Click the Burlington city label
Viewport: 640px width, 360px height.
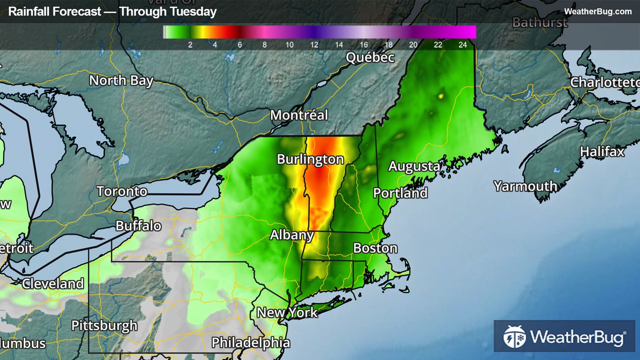coord(310,160)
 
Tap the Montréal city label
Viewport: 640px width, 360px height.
coord(299,115)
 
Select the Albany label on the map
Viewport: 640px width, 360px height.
coord(292,235)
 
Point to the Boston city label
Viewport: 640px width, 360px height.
coord(375,248)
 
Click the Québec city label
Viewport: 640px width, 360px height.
coord(370,58)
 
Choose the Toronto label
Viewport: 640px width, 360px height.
coord(122,192)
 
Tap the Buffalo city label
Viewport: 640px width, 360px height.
coord(138,226)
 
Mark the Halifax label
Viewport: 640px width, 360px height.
coord(602,152)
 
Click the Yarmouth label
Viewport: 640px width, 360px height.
coord(525,186)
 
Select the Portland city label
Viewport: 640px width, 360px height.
coord(400,193)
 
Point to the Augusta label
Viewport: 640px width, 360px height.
coord(414,166)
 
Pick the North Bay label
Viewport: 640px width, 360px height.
coord(121,81)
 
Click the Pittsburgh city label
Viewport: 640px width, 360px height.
coord(104,326)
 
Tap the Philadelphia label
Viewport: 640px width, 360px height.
coord(250,343)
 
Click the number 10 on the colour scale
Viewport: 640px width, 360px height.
coord(289,45)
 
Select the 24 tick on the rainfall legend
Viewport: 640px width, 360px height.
coord(463,45)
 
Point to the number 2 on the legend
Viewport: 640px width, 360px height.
coord(190,45)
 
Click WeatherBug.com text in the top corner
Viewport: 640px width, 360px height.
coord(598,12)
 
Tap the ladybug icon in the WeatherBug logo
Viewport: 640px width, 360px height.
coord(514,337)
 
